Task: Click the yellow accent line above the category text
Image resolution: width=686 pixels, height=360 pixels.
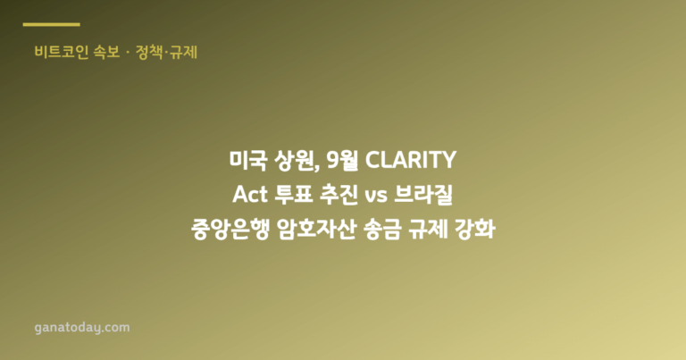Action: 51,24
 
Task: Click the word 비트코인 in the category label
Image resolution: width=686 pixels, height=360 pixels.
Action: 62,52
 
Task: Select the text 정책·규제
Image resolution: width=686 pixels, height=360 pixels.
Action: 167,52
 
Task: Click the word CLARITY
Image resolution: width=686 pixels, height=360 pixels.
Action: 411,160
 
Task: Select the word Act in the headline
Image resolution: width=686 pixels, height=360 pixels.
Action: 250,195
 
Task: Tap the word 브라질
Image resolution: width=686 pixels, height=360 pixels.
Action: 423,195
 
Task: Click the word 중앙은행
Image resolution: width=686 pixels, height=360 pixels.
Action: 230,230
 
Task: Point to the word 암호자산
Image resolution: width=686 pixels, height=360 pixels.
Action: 316,230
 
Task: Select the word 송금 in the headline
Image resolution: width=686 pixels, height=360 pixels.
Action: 382,230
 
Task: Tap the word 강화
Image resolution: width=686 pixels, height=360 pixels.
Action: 475,230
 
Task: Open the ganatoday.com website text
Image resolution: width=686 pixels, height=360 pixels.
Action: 82,328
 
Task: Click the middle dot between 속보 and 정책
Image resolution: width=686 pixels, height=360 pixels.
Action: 128,53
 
